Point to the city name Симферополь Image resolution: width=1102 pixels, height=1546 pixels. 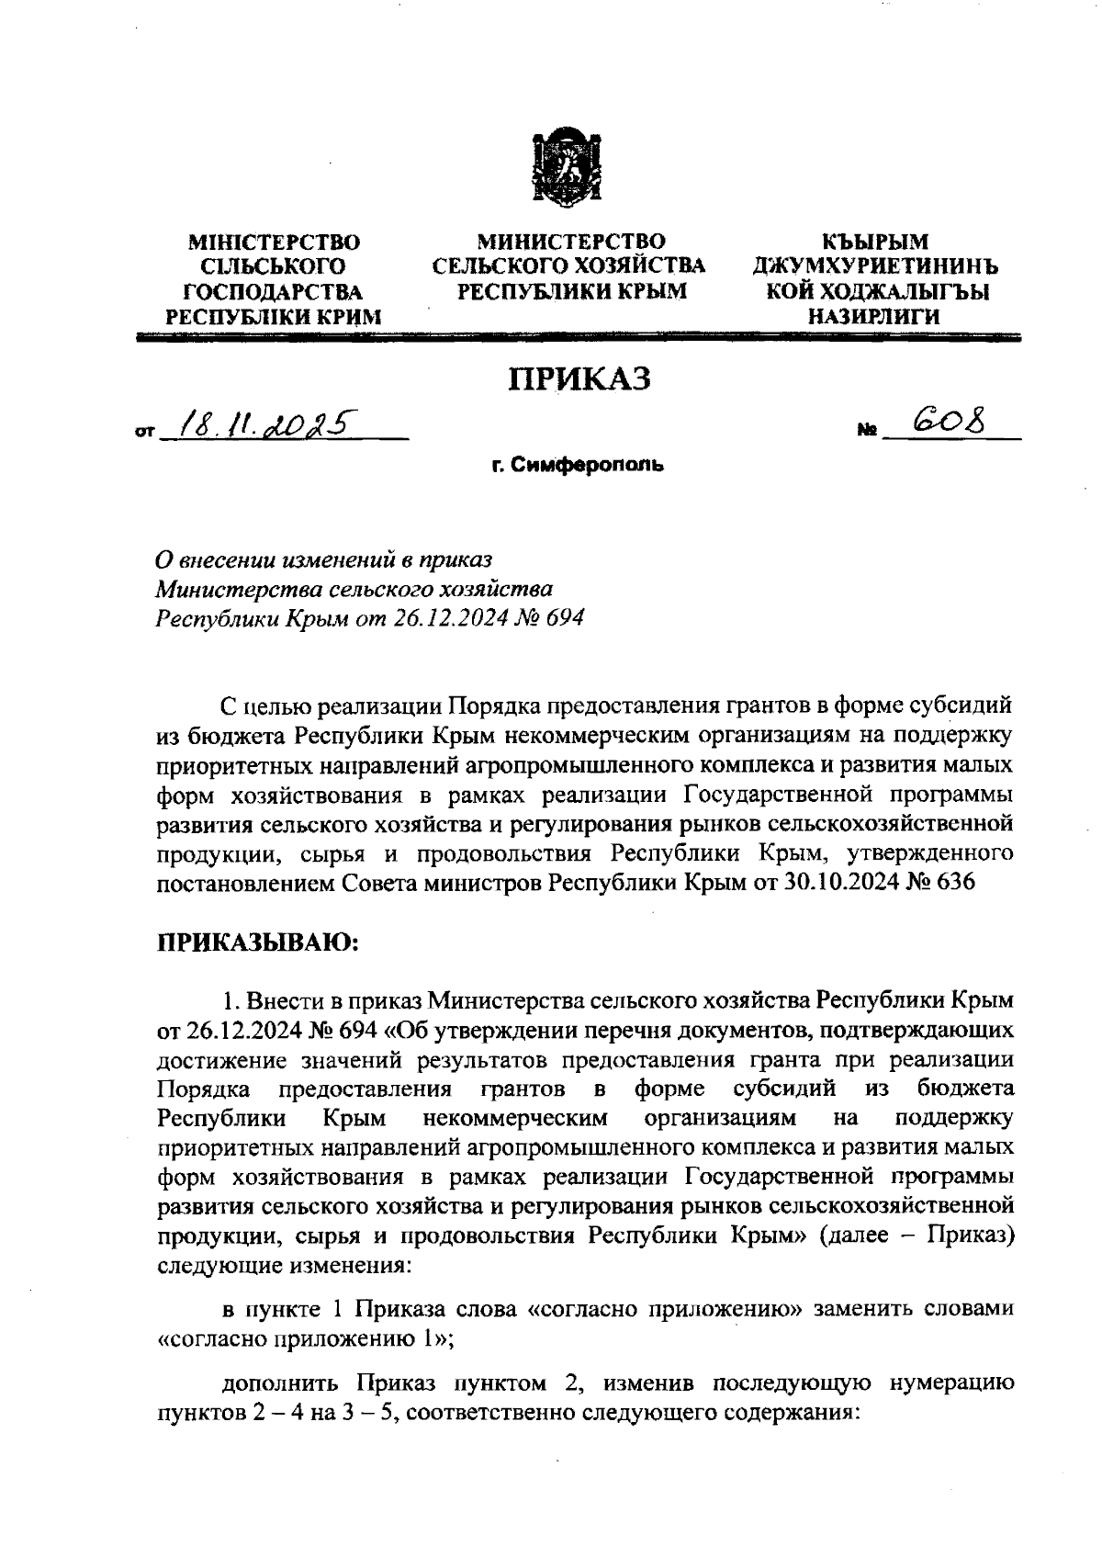pos(576,466)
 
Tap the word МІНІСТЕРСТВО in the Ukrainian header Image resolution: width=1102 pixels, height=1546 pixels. pos(274,243)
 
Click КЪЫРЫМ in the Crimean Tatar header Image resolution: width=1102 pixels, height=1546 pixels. pos(875,243)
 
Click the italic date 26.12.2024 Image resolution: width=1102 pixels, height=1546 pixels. pos(448,618)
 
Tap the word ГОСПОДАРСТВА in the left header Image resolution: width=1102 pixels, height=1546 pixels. pos(274,293)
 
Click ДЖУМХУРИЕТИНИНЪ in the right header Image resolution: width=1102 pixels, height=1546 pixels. pos(874,268)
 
